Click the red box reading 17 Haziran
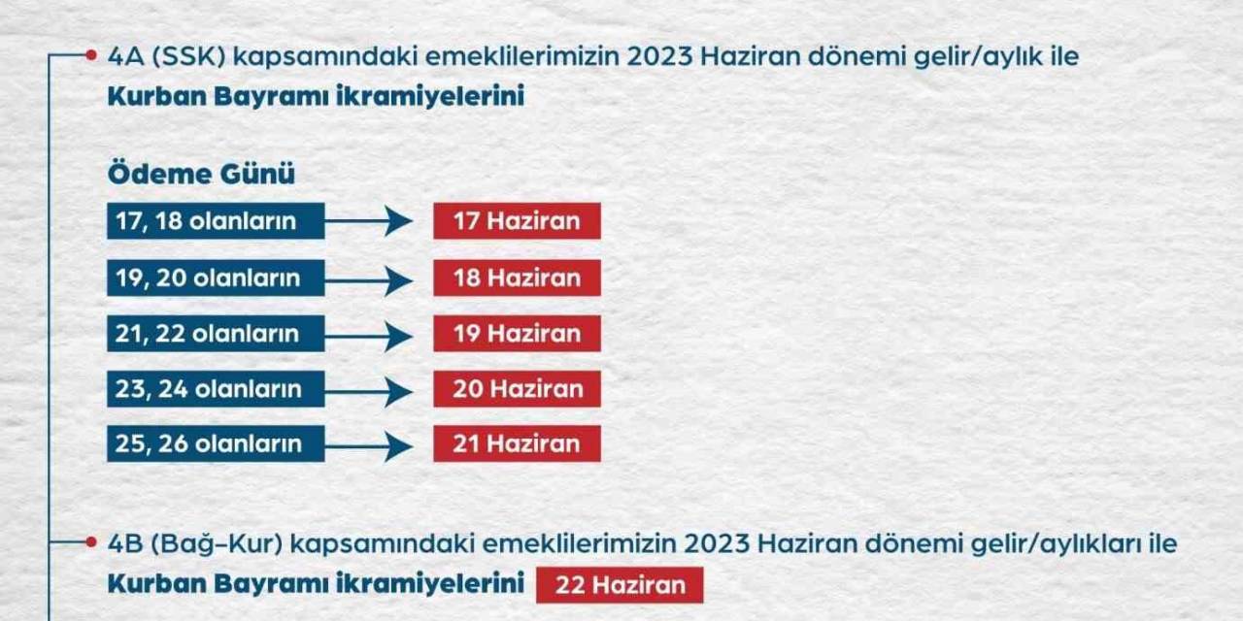tap(517, 221)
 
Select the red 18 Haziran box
tap(517, 278)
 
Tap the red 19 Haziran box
tap(517, 334)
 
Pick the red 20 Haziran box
tap(517, 389)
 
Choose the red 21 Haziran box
tap(517, 444)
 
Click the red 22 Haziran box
tap(620, 585)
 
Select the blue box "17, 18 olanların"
tap(216, 221)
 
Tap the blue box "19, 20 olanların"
tap(216, 278)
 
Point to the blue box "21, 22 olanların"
tap(216, 334)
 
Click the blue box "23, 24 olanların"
tap(216, 389)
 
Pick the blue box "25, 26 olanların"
tap(216, 444)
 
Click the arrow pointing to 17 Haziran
tap(370, 221)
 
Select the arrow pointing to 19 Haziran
tap(370, 336)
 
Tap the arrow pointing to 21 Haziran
tap(370, 446)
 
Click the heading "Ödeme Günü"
tap(201, 175)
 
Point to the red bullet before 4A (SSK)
tap(91, 55)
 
